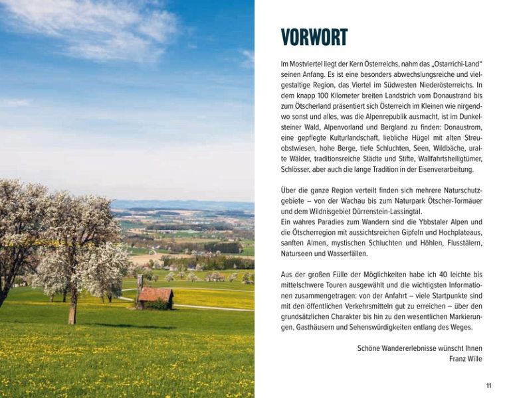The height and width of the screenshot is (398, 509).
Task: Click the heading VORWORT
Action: [x=314, y=38]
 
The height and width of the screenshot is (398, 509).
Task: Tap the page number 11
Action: [x=488, y=385]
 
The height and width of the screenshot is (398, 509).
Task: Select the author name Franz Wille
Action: [x=465, y=359]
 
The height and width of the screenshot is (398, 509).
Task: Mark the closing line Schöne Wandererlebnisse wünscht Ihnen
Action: [x=420, y=348]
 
